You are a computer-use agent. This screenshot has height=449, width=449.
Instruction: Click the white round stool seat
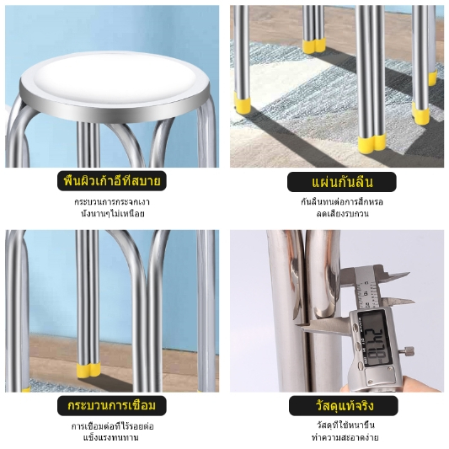click(115, 78)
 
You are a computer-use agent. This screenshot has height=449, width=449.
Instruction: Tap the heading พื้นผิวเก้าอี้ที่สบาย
click(112, 181)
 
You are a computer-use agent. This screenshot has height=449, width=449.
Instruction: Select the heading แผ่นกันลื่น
click(342, 182)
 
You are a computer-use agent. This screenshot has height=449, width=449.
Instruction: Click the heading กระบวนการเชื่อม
click(112, 405)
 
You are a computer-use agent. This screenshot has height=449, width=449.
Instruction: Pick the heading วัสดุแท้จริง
click(345, 406)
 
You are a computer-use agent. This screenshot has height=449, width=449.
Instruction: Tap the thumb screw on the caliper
click(409, 350)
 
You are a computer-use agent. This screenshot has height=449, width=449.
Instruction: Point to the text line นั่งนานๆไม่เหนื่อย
click(113, 214)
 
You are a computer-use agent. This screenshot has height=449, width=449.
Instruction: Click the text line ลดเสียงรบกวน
click(342, 214)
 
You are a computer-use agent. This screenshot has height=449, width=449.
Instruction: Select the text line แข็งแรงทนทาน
click(111, 438)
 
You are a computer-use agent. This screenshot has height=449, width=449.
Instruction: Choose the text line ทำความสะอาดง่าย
click(345, 437)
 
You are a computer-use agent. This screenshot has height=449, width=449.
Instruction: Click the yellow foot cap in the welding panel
click(88, 371)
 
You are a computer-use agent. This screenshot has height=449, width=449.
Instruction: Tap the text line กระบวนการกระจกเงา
click(112, 202)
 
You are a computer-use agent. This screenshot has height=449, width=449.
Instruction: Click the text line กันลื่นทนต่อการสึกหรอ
click(342, 202)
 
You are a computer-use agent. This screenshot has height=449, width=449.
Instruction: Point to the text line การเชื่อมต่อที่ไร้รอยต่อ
click(113, 426)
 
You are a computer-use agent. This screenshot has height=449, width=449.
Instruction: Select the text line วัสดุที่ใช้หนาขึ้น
click(345, 425)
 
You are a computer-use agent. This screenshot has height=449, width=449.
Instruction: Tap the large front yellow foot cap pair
click(371, 145)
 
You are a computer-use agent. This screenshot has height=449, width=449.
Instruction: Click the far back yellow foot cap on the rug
click(314, 45)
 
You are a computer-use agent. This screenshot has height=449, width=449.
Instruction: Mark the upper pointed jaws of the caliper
click(397, 275)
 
